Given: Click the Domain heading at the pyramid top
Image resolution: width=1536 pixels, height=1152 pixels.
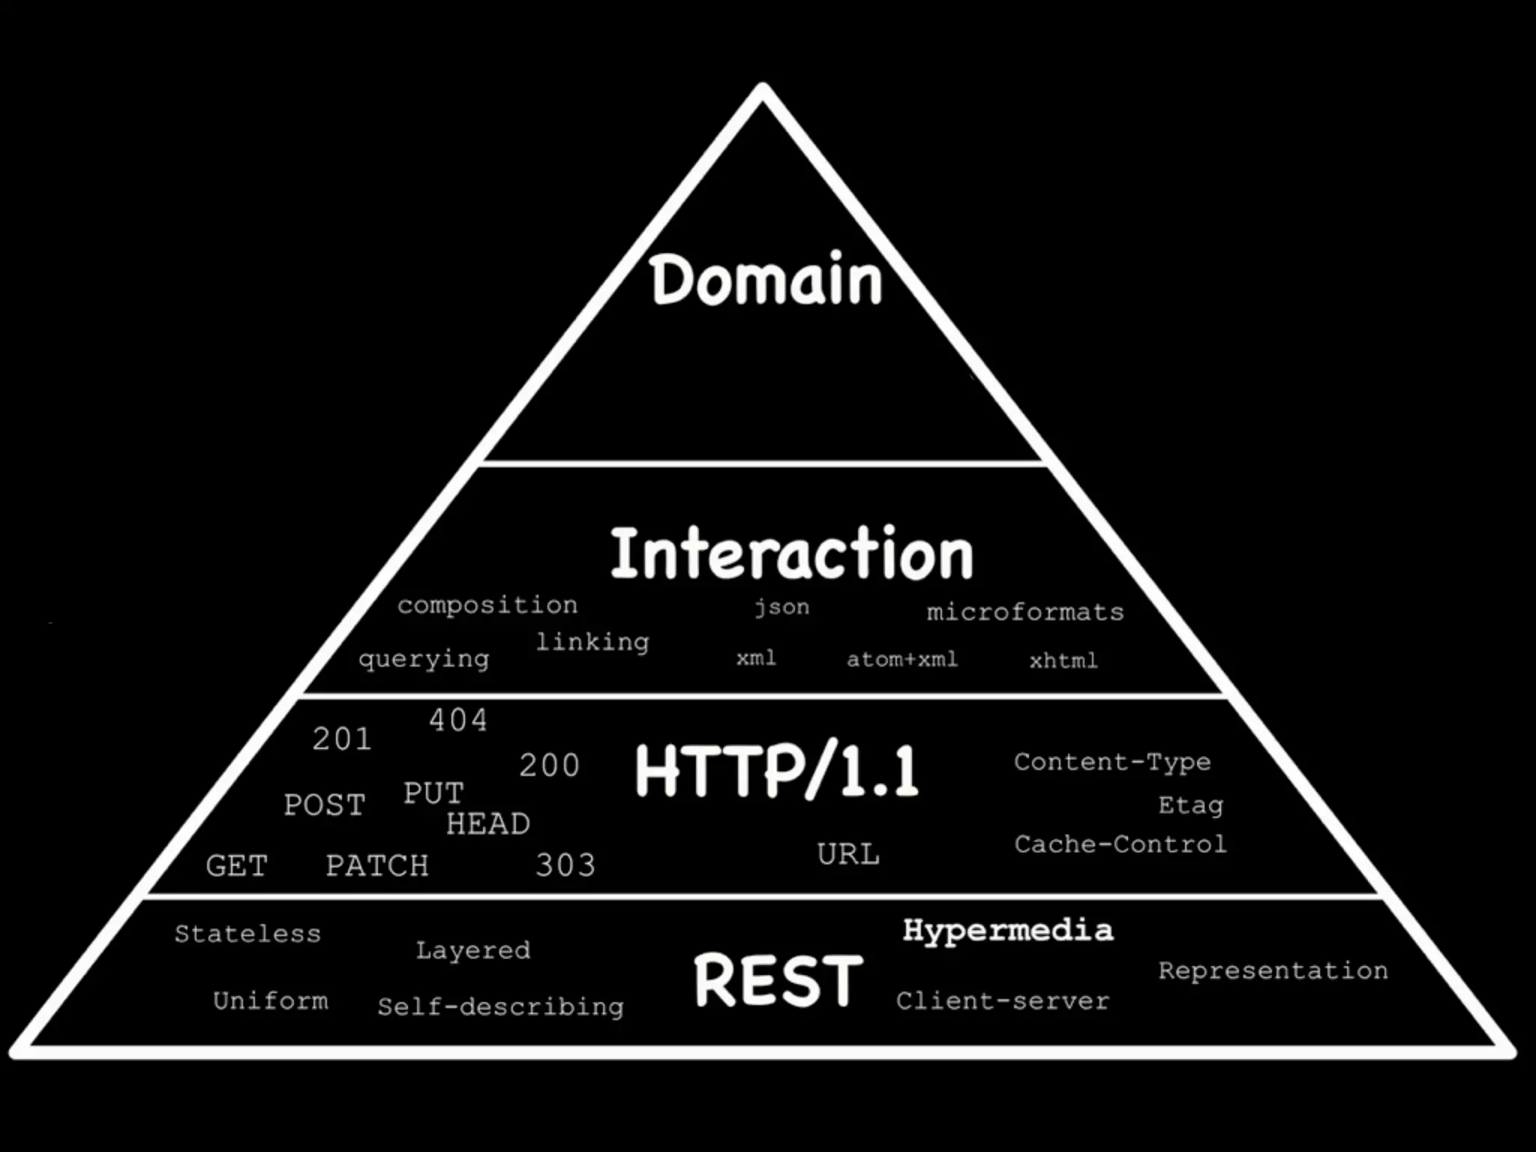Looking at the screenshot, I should (766, 280).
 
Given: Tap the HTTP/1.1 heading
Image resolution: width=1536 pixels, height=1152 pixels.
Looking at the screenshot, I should (776, 772).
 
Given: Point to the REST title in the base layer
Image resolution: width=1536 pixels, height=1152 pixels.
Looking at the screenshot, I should (778, 980).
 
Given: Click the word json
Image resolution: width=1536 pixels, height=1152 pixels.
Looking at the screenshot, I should (781, 607).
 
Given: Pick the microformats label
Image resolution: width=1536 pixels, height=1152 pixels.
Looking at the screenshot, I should (1025, 612).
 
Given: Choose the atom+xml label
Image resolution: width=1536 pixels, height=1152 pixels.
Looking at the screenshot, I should (901, 659).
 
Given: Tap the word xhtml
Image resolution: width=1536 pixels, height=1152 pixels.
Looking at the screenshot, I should (1063, 661).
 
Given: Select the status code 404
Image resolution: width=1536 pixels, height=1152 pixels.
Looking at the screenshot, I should (457, 721).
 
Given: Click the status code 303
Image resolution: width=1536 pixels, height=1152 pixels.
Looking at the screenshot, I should (565, 865).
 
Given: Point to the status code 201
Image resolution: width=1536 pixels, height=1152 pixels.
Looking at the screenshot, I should (341, 739).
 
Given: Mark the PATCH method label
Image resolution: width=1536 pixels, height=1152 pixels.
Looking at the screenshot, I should (376, 866).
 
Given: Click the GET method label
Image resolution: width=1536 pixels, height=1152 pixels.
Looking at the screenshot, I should (236, 866).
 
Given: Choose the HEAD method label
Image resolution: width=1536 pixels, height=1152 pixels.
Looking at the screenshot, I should (487, 824).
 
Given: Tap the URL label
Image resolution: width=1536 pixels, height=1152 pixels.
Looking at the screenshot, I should (848, 854).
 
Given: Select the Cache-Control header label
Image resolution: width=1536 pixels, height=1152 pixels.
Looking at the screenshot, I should (1120, 844).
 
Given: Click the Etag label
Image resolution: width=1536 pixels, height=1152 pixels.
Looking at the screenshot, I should (1190, 805).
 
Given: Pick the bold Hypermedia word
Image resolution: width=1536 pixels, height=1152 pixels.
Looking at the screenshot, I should (1008, 931).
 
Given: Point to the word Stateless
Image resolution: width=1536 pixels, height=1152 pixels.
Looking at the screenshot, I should (247, 934).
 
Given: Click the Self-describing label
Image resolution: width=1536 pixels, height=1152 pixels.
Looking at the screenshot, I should (500, 1006).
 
